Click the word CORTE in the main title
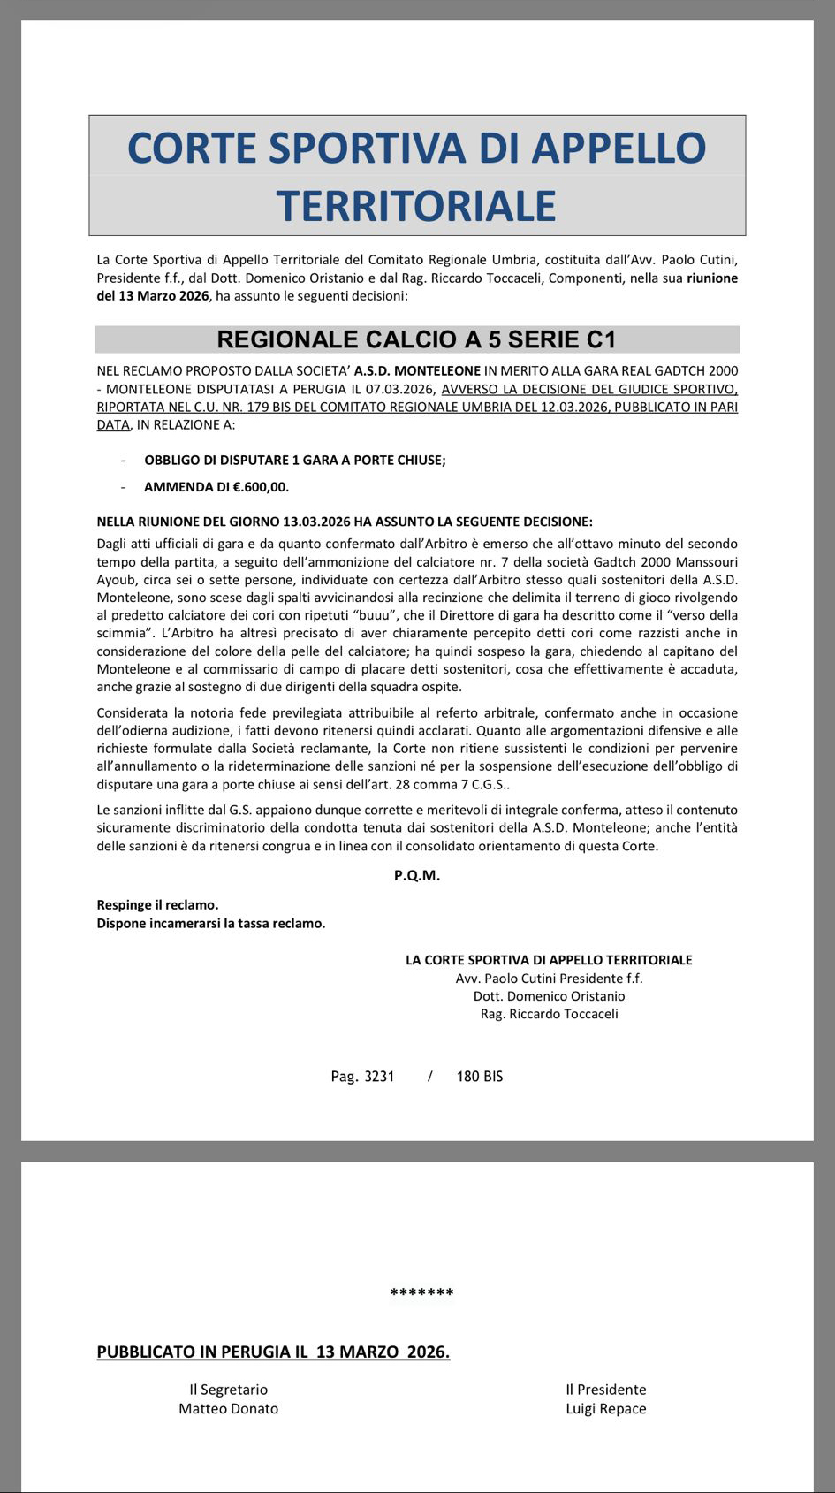193,148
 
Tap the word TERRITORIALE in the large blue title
416,206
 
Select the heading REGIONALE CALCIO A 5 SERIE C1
416,339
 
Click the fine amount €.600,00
261,487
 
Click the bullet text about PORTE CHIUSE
294,461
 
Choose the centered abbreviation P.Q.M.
417,876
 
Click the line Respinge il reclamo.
157,905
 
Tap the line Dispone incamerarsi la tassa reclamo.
210,924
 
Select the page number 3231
379,1077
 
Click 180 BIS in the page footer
480,1077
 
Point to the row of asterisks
421,1293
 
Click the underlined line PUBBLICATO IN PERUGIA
273,1352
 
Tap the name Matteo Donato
228,1409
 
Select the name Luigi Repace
605,1409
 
